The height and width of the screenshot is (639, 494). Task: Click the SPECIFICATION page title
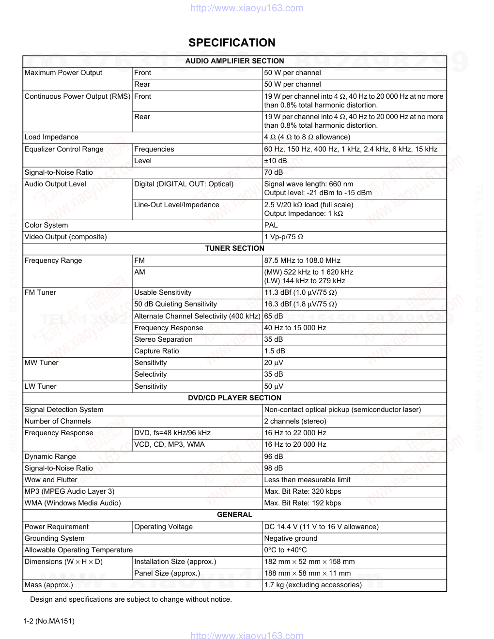[x=232, y=43]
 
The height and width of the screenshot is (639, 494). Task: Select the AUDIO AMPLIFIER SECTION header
[x=234, y=61]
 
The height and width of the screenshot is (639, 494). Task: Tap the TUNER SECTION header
[x=234, y=248]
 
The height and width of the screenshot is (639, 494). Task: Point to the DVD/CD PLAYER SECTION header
[x=234, y=398]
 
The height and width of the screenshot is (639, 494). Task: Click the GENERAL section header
[x=234, y=515]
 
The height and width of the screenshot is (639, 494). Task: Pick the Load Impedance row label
[x=51, y=137]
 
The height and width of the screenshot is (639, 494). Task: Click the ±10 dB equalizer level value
[x=276, y=161]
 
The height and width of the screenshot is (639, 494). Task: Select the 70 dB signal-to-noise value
[x=274, y=172]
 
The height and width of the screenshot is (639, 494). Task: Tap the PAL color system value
[x=271, y=225]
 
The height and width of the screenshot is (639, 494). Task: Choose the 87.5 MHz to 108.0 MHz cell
[x=302, y=260]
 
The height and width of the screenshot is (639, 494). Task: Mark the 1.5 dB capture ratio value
[x=275, y=351]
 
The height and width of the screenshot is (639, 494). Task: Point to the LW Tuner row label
[x=40, y=386]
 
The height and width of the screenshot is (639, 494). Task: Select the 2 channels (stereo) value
[x=295, y=421]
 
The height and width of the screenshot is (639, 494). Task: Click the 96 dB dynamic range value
[x=274, y=456]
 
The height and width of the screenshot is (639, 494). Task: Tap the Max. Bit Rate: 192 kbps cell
[x=303, y=503]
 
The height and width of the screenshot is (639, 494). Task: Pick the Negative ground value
[x=291, y=538]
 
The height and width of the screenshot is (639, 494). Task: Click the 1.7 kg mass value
[x=313, y=585]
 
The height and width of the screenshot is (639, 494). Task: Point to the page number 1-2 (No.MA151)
[x=48, y=621]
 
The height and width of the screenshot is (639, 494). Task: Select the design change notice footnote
[x=131, y=599]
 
